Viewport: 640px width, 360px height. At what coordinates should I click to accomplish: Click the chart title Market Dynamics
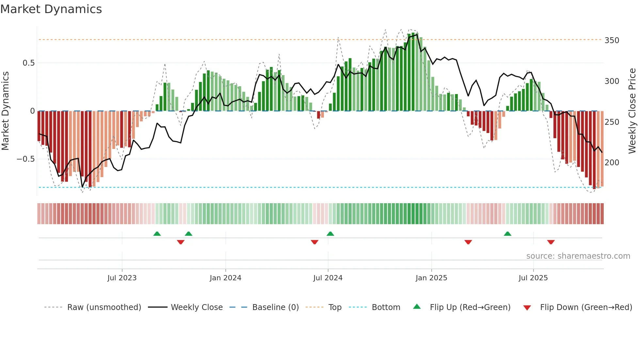[x=51, y=9]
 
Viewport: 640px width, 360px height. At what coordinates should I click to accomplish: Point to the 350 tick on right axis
[x=612, y=41]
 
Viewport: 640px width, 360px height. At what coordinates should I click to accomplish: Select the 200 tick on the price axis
[x=612, y=162]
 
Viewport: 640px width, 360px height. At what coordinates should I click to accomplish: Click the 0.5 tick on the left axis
[x=29, y=63]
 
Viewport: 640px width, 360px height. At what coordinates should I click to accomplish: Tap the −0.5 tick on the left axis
[x=26, y=159]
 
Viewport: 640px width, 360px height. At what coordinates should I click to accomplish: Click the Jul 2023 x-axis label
[x=122, y=278]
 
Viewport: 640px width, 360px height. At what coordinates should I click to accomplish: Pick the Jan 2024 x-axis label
[x=225, y=278]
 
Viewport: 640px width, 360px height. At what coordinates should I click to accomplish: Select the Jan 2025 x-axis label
[x=431, y=278]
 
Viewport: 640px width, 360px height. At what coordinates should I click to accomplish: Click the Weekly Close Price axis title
[x=632, y=111]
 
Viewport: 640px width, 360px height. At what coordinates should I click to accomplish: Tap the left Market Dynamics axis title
[x=5, y=111]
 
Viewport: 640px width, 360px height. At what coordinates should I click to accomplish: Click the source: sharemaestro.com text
[x=578, y=256]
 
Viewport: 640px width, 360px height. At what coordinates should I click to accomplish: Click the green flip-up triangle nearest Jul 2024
[x=330, y=234]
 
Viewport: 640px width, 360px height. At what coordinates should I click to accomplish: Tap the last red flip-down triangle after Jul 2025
[x=551, y=242]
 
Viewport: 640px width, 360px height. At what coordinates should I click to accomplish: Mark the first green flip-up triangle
[x=157, y=234]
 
